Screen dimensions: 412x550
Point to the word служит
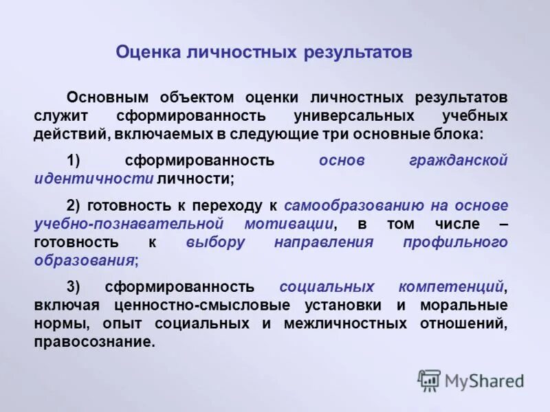58,115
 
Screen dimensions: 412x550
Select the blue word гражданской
458,161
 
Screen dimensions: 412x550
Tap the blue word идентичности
93,179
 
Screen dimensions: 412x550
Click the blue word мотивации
289,224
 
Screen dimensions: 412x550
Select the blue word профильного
456,242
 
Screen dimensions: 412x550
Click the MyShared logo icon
429,380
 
